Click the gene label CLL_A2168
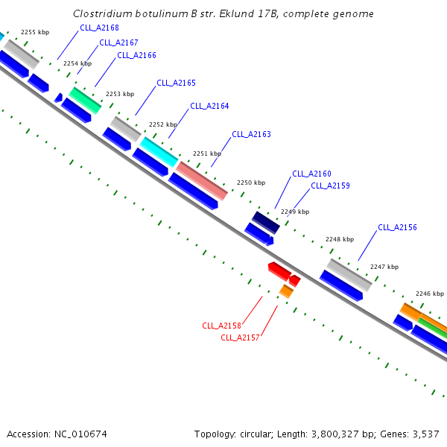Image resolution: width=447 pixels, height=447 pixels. click(99, 28)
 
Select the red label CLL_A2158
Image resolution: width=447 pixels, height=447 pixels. click(221, 326)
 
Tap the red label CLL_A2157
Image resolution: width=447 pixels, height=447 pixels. click(240, 337)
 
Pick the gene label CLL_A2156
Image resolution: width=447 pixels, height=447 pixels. click(397, 227)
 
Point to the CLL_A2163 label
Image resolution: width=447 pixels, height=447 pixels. click(252, 134)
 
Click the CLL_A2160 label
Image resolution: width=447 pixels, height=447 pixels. click(312, 174)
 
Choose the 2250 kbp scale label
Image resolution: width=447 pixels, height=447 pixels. click(251, 183)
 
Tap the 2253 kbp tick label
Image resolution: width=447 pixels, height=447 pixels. click(120, 94)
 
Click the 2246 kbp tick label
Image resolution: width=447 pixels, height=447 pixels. click(430, 294)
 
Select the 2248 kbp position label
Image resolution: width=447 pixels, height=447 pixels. click(340, 239)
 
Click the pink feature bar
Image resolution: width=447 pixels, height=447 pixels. click(202, 181)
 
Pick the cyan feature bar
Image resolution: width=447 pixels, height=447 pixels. click(159, 152)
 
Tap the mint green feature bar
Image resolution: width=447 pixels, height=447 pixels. click(85, 101)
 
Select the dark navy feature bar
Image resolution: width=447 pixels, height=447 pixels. click(266, 223)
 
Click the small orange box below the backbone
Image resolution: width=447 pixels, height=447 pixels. click(286, 291)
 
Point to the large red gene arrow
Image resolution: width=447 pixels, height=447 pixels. click(279, 271)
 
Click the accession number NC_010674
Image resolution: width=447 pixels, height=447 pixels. click(80, 434)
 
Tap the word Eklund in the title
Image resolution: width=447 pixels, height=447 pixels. click(236, 13)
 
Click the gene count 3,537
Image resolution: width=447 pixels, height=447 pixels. click(426, 434)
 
